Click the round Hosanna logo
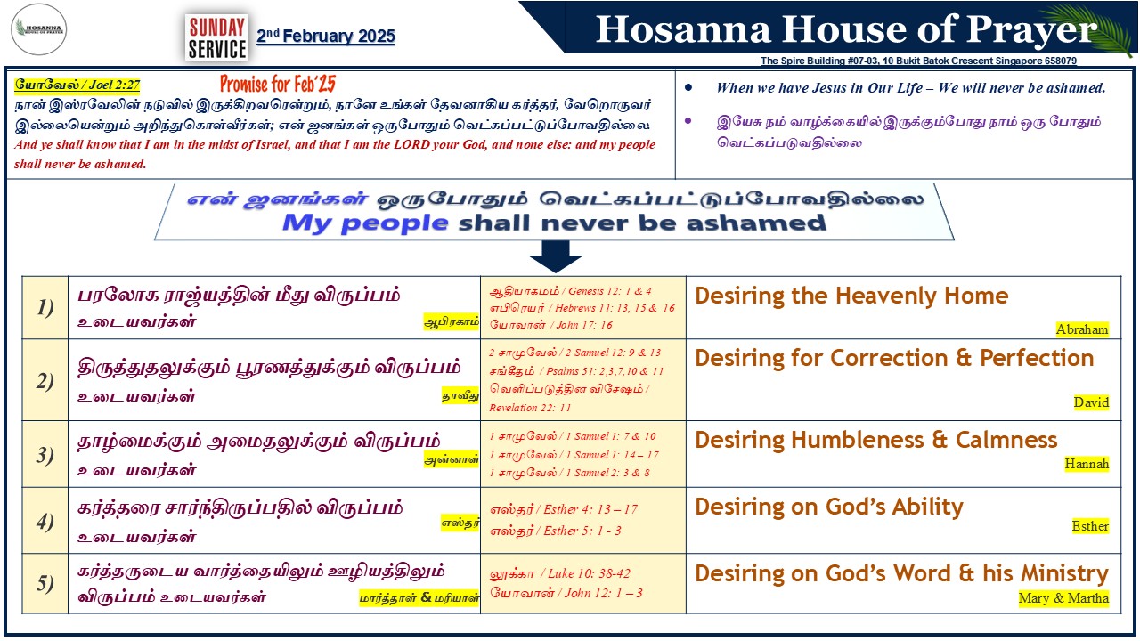(x=38, y=29)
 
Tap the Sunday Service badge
(x=217, y=37)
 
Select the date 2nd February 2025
(x=326, y=37)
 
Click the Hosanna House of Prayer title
(x=846, y=29)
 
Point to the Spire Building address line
(x=918, y=61)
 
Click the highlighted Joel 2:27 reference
(x=77, y=85)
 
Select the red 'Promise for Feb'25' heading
(x=278, y=84)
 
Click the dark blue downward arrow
(x=556, y=256)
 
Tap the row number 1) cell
(x=45, y=308)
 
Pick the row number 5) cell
(x=45, y=583)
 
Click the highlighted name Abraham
(x=1082, y=329)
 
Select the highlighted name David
(x=1091, y=402)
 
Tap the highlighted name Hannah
(x=1087, y=464)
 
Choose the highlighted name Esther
(x=1090, y=526)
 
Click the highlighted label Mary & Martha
(x=1063, y=598)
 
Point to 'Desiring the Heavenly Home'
(x=851, y=296)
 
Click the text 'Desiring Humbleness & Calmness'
(x=875, y=440)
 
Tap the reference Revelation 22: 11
(x=530, y=408)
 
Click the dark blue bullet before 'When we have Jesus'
(x=688, y=87)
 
